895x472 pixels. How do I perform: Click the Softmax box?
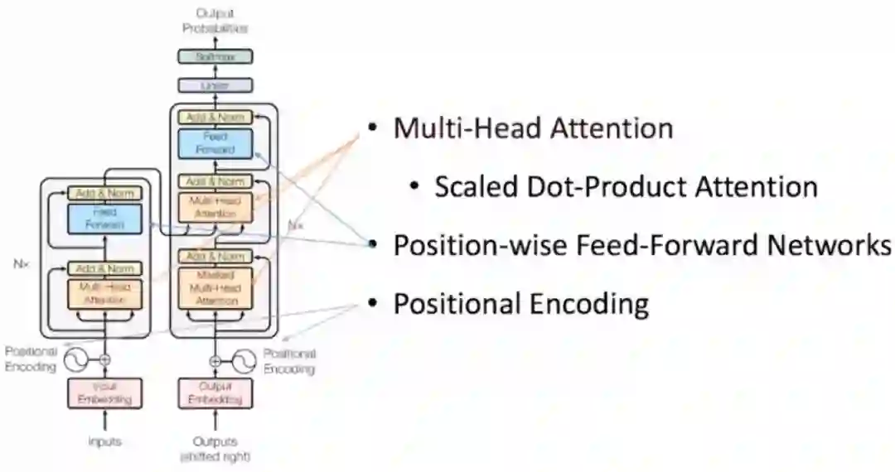pos(215,57)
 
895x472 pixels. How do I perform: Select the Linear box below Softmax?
pos(215,84)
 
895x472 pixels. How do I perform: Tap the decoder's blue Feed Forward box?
pos(215,143)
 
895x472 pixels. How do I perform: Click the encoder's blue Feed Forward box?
pos(104,218)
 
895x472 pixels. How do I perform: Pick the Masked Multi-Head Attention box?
pos(215,288)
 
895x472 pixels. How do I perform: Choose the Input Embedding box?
pos(104,393)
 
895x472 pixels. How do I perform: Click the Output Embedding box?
pos(215,393)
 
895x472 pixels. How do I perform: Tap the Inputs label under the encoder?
pos(104,441)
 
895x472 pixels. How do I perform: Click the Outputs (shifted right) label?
pos(215,448)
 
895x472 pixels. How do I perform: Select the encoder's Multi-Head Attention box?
pos(104,294)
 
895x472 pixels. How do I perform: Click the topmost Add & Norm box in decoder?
pos(215,117)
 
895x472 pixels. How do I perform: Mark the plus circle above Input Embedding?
pos(104,360)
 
